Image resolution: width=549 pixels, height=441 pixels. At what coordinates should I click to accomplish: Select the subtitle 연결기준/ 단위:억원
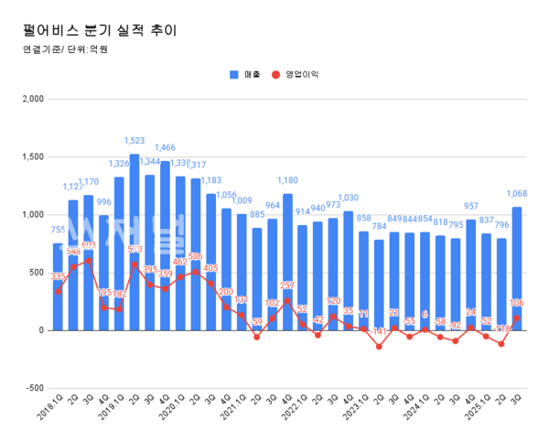tap(65, 50)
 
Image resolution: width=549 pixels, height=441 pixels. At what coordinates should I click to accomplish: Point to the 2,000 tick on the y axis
tap(31, 99)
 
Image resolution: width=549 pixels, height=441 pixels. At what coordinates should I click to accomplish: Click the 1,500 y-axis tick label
tap(31, 156)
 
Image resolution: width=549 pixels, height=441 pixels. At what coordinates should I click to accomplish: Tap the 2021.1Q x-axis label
tap(232, 407)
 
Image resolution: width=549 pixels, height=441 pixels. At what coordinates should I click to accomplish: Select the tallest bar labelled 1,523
tap(135, 242)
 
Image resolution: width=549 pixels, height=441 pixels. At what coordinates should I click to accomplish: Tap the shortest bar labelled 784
tap(379, 285)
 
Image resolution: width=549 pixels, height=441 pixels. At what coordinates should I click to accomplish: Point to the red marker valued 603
tap(89, 261)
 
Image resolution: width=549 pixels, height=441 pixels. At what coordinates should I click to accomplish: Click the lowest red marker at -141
tap(379, 346)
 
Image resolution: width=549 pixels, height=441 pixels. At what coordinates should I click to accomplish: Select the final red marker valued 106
tap(517, 317)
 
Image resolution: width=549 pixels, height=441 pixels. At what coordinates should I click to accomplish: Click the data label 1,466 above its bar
tap(165, 147)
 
